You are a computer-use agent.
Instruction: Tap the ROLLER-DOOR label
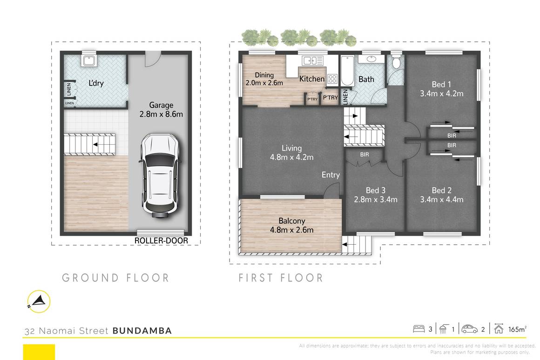pyautogui.click(x=161, y=240)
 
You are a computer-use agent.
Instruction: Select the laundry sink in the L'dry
pyautogui.click(x=88, y=61)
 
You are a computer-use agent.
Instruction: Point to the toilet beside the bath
pyautogui.click(x=396, y=63)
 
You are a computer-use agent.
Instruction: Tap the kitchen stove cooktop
pyautogui.click(x=332, y=79)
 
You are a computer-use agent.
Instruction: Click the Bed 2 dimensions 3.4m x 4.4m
pyautogui.click(x=441, y=200)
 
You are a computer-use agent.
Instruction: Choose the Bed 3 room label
pyautogui.click(x=375, y=190)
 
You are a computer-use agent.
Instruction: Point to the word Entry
pyautogui.click(x=331, y=175)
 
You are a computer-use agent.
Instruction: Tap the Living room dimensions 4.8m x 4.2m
pyautogui.click(x=292, y=158)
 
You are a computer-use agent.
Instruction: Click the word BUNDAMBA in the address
pyautogui.click(x=142, y=331)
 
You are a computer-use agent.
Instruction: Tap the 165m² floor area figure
pyautogui.click(x=517, y=329)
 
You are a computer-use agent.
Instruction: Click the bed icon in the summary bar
pyautogui.click(x=419, y=329)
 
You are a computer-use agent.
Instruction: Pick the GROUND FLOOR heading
pyautogui.click(x=115, y=278)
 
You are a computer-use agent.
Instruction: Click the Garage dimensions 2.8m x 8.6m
pyautogui.click(x=161, y=113)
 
